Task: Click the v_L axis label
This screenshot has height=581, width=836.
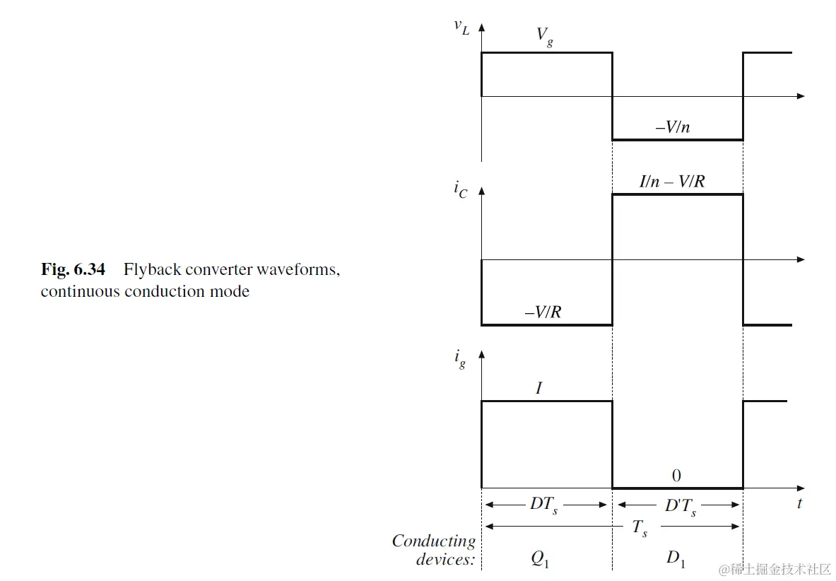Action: pos(461,28)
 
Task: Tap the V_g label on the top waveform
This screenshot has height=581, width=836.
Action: pos(545,36)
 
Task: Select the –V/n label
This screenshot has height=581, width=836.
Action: pos(673,128)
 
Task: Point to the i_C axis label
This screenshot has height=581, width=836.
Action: pos(461,192)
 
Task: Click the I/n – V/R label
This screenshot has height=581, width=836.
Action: pos(672,182)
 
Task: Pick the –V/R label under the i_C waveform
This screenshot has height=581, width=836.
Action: pos(543,312)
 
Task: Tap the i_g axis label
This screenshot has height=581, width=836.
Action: pos(460,358)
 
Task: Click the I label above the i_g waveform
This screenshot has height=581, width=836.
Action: pos(539,387)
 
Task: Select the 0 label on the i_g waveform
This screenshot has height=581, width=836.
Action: pos(676,476)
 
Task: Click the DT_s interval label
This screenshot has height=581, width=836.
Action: pos(543,505)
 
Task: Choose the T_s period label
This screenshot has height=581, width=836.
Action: pos(639,527)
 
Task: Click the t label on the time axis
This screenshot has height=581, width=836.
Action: pos(799,504)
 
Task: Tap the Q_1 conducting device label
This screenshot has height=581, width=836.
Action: pos(540,560)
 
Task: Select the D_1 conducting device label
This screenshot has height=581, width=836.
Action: pos(676,560)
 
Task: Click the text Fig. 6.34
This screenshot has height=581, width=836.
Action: pos(73,269)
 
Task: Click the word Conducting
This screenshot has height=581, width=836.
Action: pos(434,541)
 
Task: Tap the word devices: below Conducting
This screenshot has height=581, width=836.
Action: pos(446,560)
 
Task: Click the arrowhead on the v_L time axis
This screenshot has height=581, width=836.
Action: pos(800,95)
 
